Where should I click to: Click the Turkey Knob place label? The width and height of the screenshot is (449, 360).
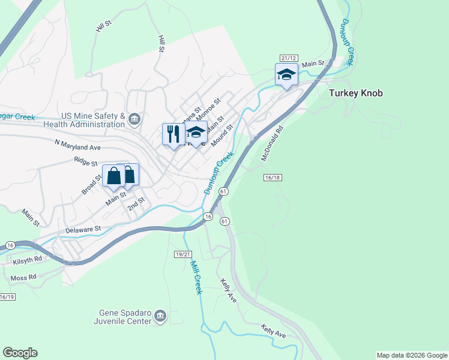[x=355, y=93]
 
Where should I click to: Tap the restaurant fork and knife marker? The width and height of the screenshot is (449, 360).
[x=172, y=134]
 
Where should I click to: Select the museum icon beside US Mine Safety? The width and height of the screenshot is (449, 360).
[x=134, y=120]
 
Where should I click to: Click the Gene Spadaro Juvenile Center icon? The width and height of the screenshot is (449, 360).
[x=160, y=316]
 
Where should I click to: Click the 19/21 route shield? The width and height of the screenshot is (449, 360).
[x=183, y=254]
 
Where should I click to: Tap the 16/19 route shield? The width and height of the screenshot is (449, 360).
[x=7, y=297]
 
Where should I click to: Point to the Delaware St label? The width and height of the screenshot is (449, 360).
[x=83, y=229]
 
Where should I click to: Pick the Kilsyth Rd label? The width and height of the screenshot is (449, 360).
[x=29, y=259]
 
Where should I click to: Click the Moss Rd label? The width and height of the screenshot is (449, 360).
[x=23, y=277]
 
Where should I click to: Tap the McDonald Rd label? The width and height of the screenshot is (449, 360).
[x=271, y=143]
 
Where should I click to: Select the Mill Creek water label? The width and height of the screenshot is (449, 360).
[x=196, y=277]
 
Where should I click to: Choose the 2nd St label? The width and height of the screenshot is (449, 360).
[x=136, y=204]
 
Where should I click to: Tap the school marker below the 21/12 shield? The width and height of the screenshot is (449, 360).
[x=286, y=75]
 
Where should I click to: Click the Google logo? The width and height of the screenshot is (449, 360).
[x=20, y=353]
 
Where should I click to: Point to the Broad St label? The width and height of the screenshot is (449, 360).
[x=91, y=185]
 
